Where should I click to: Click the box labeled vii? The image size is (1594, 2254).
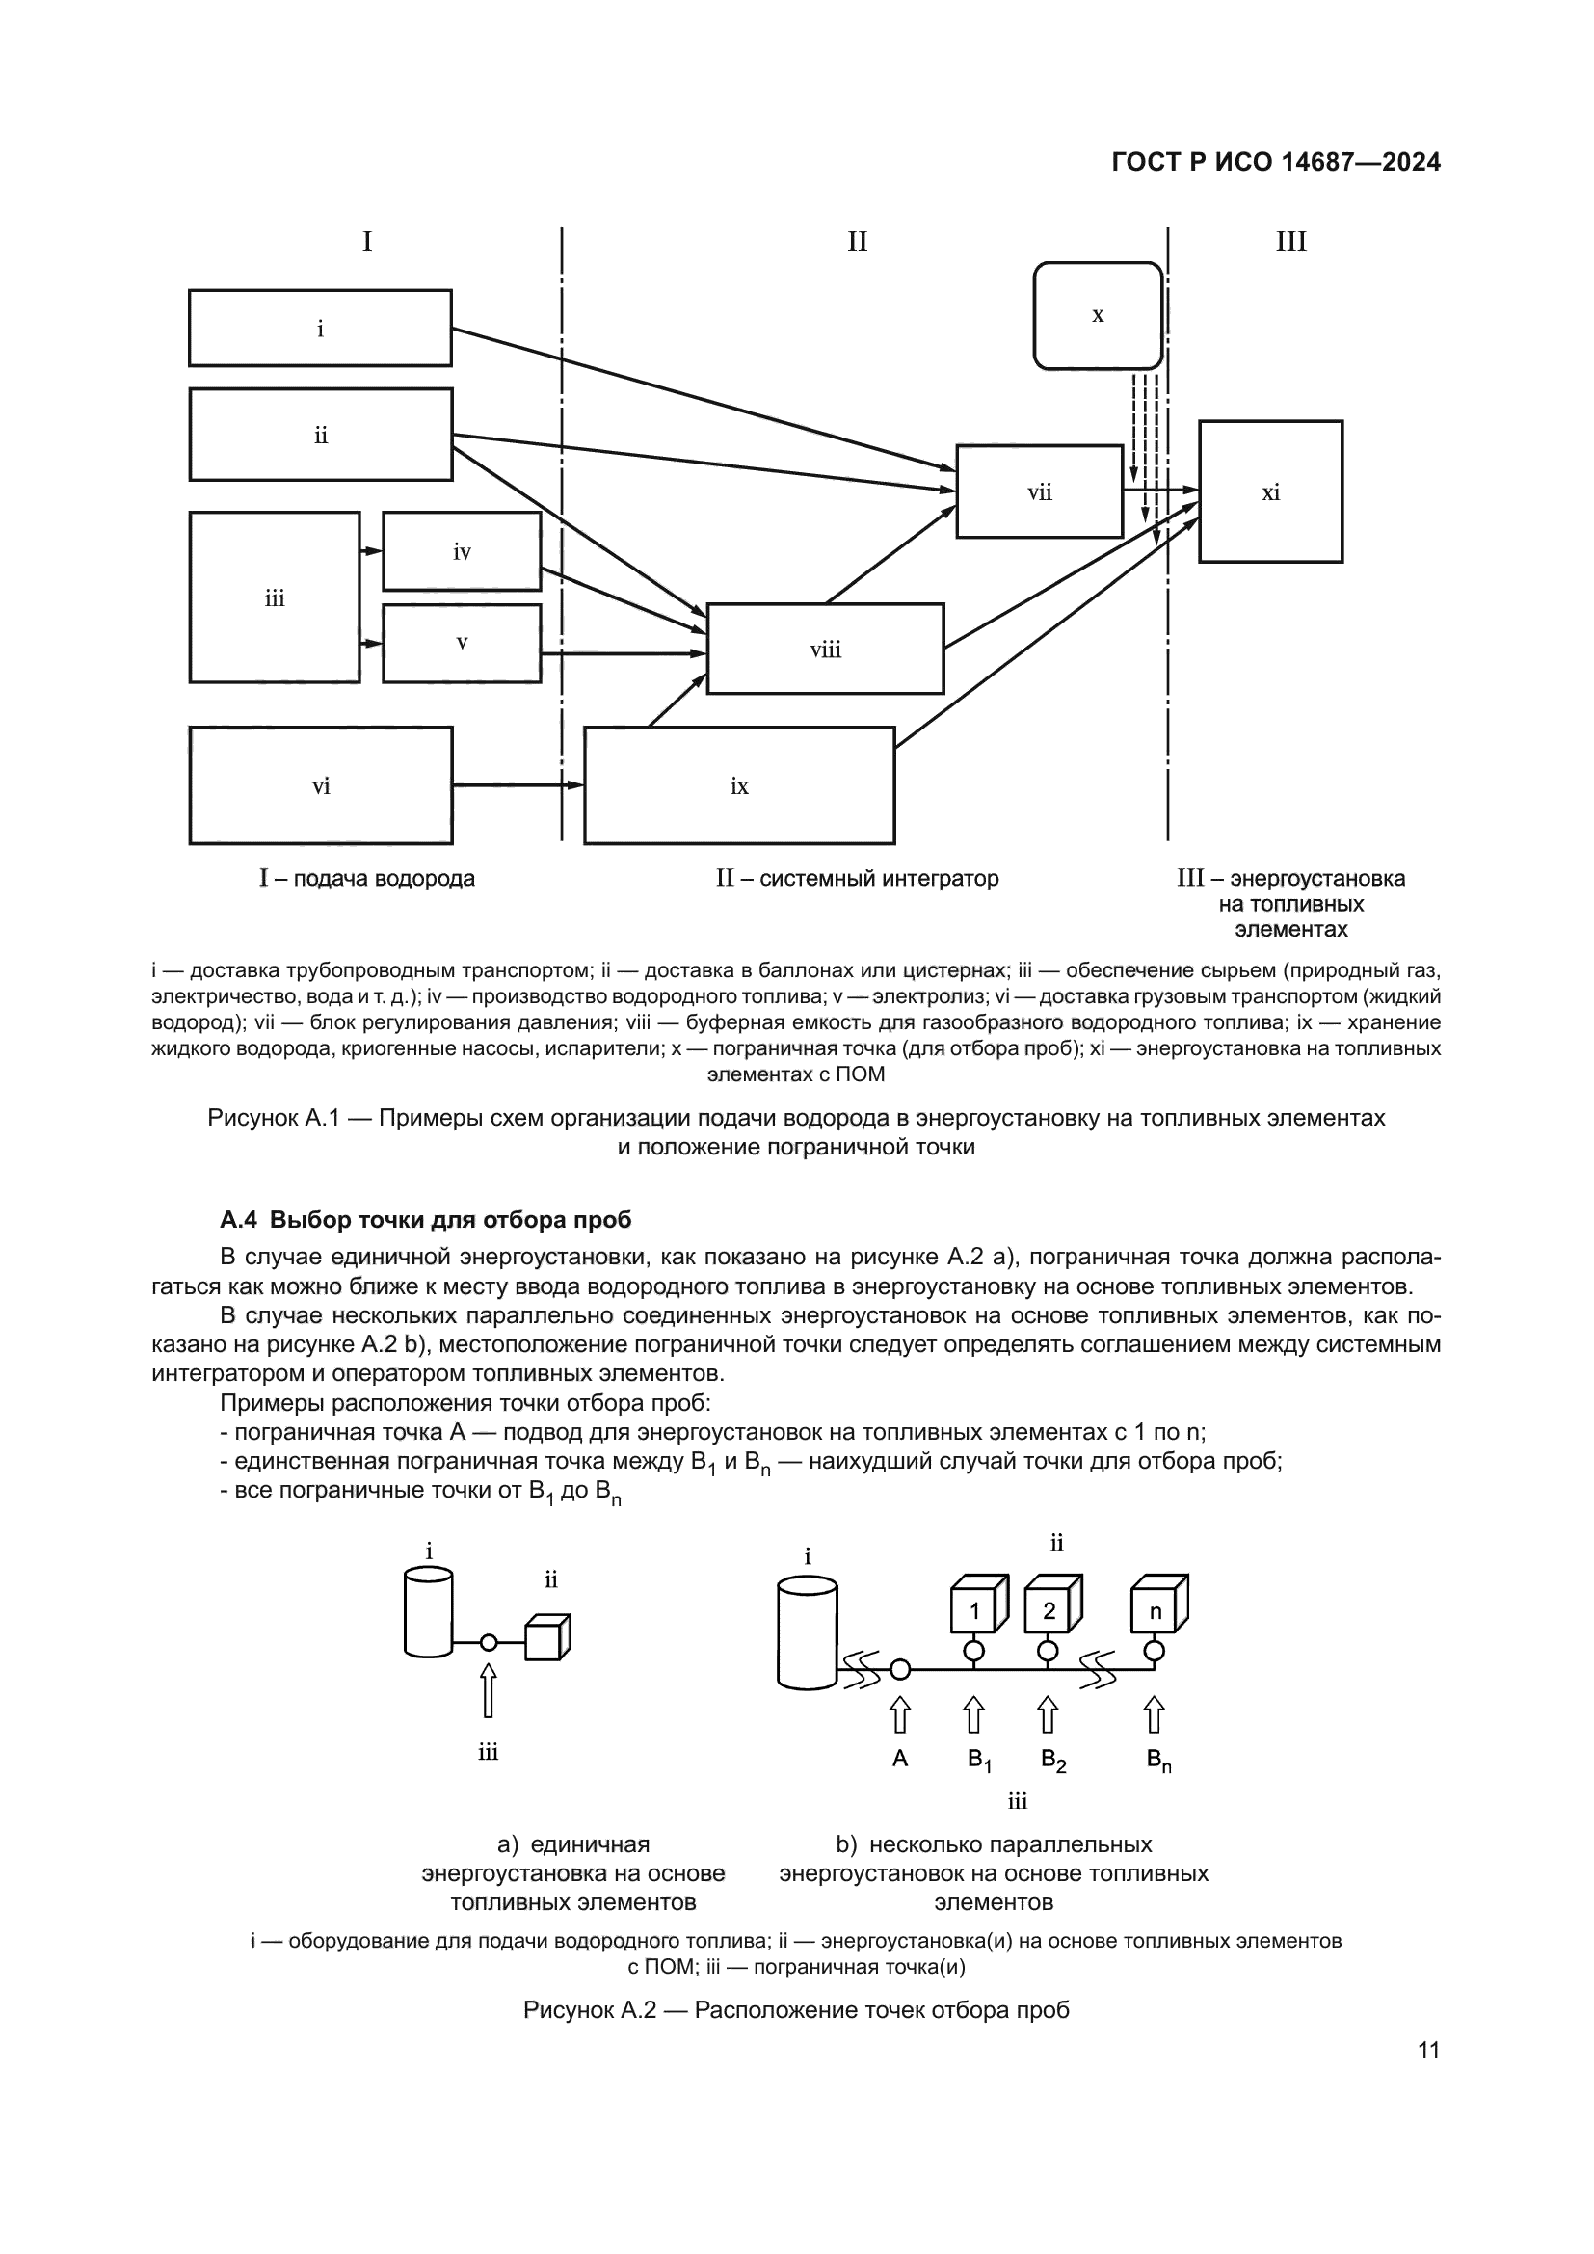click(x=1039, y=491)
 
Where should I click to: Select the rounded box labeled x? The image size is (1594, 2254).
click(x=1098, y=315)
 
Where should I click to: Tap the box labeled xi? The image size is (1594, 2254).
click(x=1270, y=491)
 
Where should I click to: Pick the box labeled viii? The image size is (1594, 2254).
click(x=825, y=649)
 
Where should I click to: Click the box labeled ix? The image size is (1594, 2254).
click(x=738, y=785)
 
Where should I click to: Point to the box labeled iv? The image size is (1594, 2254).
click(x=462, y=551)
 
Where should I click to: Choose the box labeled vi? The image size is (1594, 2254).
click(x=320, y=785)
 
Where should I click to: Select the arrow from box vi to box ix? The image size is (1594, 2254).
click(x=518, y=784)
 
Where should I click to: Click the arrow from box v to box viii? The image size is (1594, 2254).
click(x=624, y=652)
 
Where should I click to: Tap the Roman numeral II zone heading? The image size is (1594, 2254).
click(x=857, y=242)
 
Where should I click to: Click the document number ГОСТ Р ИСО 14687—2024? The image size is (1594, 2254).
click(x=1275, y=162)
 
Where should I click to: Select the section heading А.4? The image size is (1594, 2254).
click(x=425, y=1219)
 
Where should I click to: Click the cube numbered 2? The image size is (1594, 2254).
click(x=1049, y=1611)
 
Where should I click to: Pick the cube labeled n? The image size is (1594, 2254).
click(x=1156, y=1611)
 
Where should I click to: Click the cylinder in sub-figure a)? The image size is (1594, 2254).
click(x=429, y=1612)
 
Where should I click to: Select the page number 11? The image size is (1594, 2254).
click(x=1428, y=2050)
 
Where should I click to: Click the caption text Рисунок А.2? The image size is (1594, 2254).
click(x=796, y=2009)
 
